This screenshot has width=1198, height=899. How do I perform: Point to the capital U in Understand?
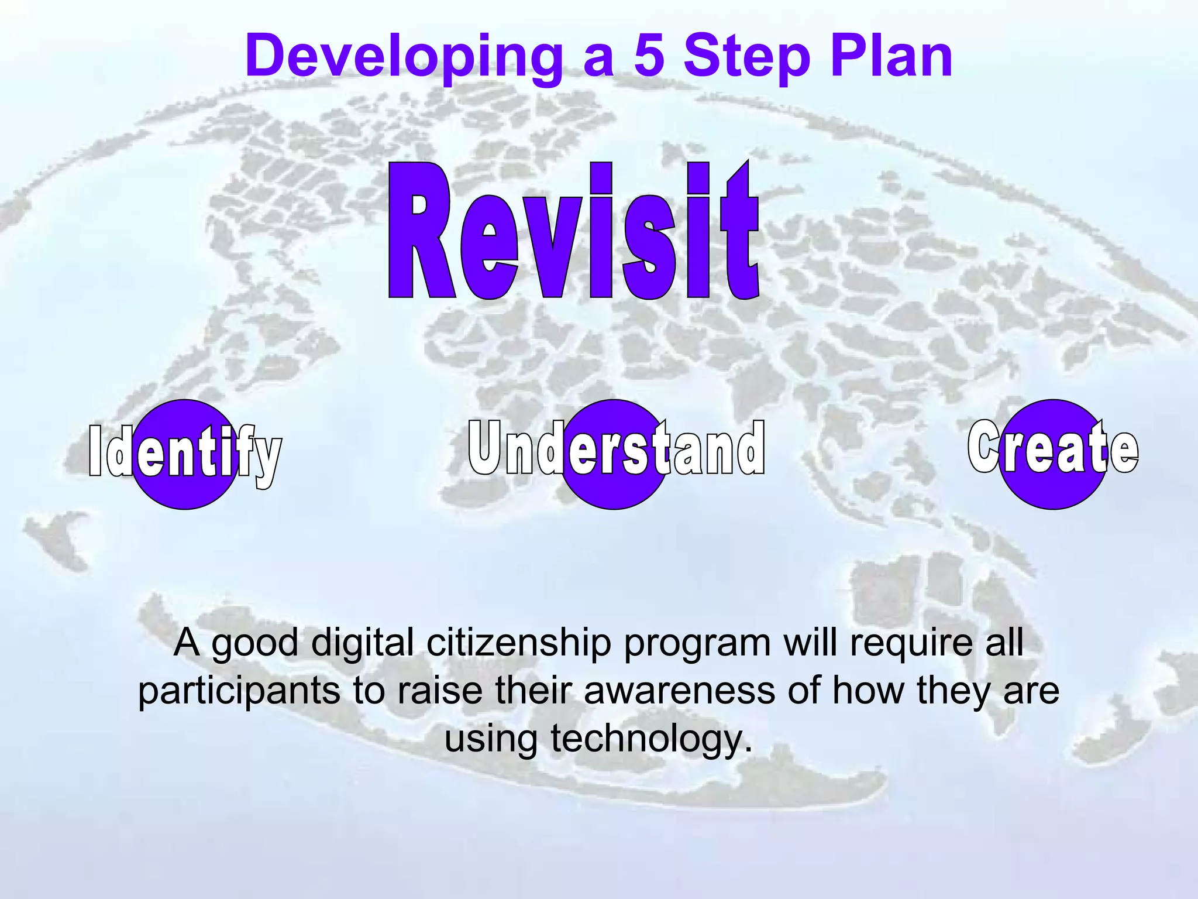(x=486, y=448)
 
